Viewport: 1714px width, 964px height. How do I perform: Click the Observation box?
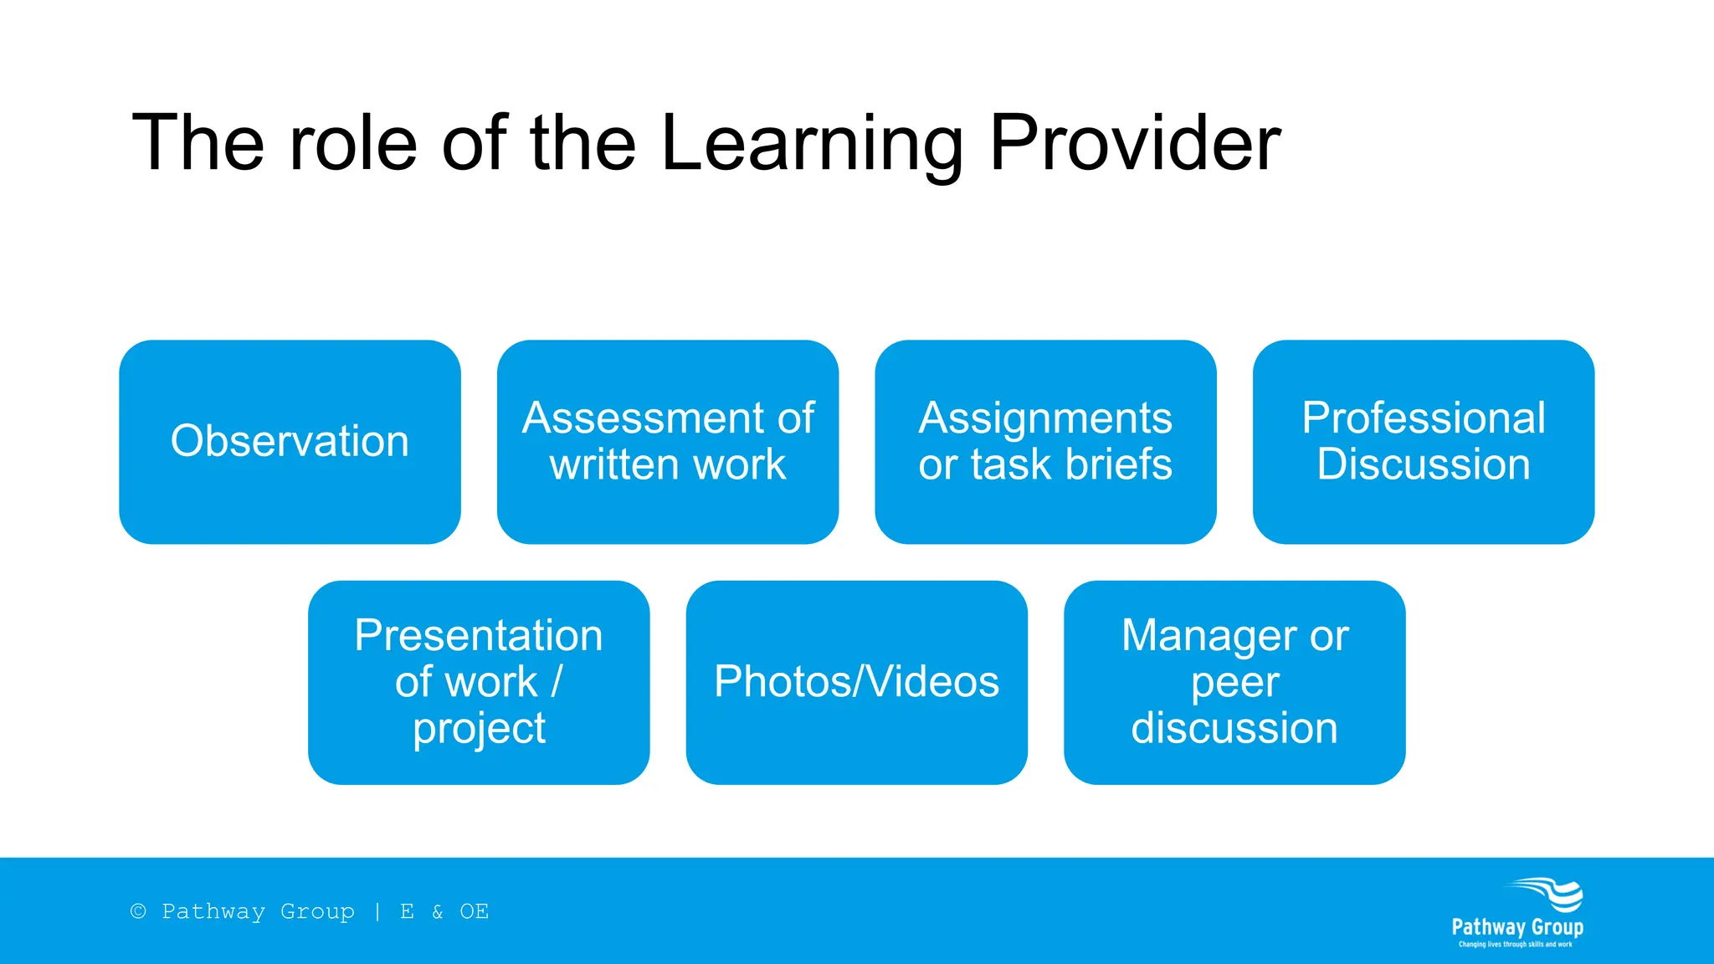(x=290, y=441)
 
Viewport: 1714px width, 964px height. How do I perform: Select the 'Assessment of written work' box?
(x=667, y=441)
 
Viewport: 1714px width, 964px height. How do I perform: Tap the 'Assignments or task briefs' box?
(x=1045, y=441)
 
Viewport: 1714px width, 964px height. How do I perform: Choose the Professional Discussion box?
(x=1423, y=441)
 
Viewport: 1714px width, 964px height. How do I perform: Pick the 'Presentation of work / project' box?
(x=479, y=682)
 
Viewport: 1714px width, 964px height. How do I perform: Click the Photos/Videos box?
(x=856, y=682)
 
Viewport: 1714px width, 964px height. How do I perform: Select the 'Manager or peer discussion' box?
(x=1234, y=682)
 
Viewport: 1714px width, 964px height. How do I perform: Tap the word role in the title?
(x=352, y=144)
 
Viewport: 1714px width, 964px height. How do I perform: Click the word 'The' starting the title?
(x=198, y=144)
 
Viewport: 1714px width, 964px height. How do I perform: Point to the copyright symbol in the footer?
(x=138, y=911)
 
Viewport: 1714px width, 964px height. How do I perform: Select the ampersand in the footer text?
(x=437, y=911)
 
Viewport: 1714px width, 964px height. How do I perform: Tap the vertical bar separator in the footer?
(x=377, y=911)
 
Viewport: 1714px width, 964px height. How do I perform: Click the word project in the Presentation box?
(x=479, y=729)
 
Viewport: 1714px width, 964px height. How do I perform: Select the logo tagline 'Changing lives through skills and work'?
(x=1515, y=945)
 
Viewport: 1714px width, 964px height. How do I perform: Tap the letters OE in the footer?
(x=474, y=911)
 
